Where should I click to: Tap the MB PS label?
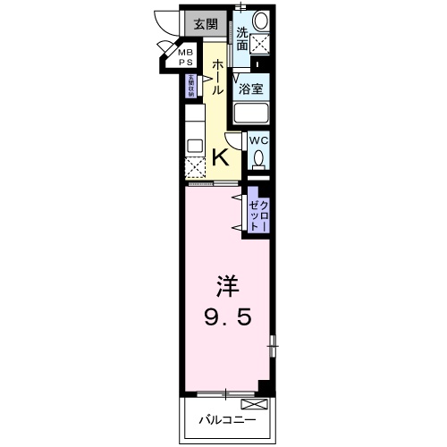point(184,58)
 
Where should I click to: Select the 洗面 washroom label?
point(242,35)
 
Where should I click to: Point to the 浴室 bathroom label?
point(251,88)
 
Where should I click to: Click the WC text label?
point(257,141)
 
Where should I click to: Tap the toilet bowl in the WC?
point(258,159)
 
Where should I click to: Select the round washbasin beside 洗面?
point(260,20)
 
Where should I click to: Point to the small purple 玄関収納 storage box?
point(190,85)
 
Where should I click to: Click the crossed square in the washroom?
point(261,41)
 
